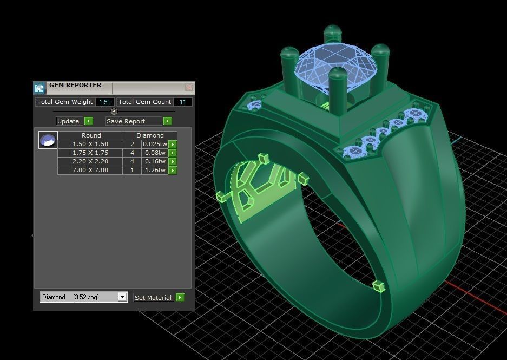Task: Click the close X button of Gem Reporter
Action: click(189, 87)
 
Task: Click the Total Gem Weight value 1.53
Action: click(104, 102)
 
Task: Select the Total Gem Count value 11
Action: click(182, 102)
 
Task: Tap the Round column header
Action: click(91, 135)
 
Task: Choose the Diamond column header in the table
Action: click(150, 135)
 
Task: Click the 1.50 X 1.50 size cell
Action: click(90, 144)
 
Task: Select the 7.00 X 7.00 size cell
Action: click(90, 170)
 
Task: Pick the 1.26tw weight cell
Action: click(154, 170)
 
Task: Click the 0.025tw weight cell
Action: click(154, 144)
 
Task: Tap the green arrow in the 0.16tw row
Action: click(173, 161)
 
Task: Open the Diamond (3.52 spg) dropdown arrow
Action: click(122, 297)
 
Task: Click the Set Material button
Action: click(153, 297)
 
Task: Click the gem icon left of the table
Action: click(48, 140)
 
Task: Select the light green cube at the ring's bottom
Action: click(379, 285)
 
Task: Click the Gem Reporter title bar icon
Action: click(39, 88)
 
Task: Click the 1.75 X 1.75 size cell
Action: click(90, 153)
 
